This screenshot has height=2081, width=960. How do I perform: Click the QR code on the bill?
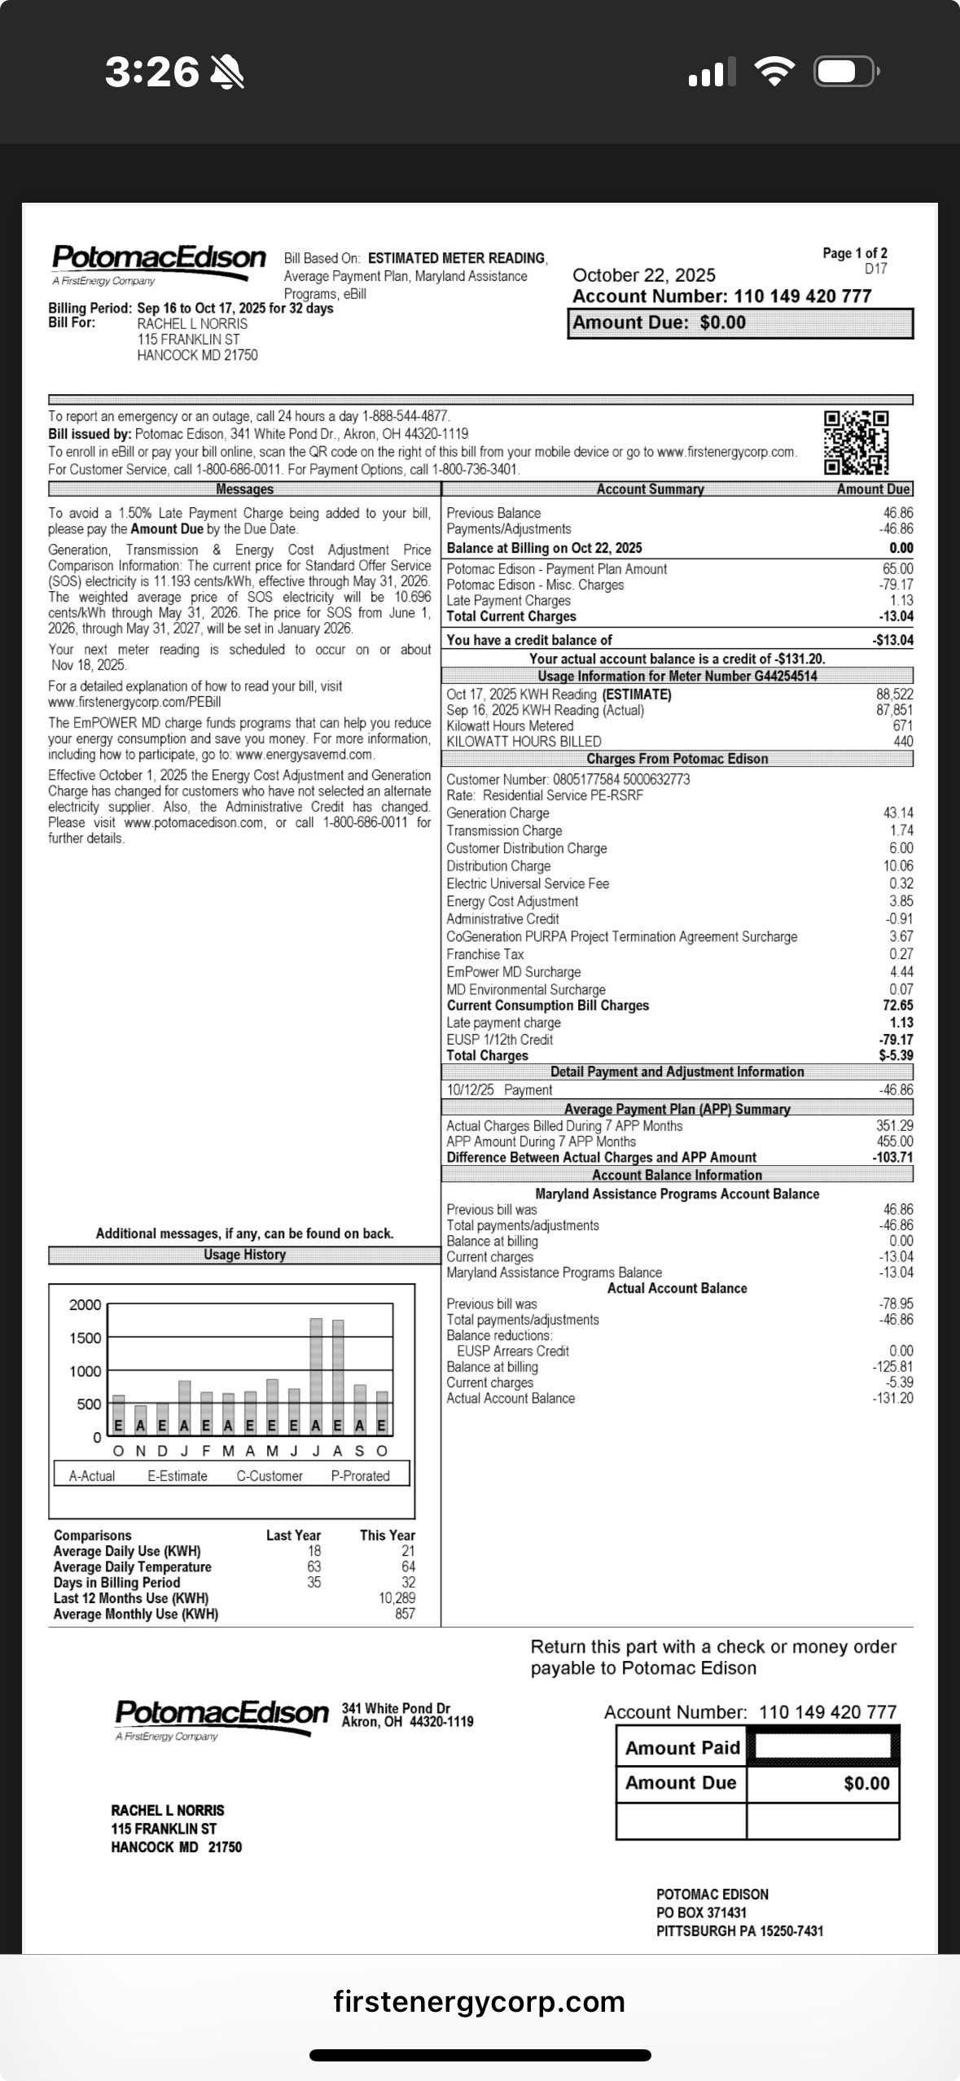(x=856, y=442)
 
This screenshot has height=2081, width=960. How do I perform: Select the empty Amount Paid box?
(x=822, y=1746)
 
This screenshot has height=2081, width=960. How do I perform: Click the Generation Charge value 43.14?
(x=898, y=813)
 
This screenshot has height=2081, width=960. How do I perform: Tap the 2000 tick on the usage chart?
(x=85, y=1304)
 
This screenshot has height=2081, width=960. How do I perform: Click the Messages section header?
(x=244, y=489)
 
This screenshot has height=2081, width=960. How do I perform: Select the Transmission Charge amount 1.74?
(x=901, y=830)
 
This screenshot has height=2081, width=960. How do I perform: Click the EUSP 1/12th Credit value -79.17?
(x=896, y=1040)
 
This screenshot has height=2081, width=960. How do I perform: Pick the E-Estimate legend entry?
(x=178, y=1475)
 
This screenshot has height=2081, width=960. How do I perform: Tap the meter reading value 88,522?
(x=894, y=694)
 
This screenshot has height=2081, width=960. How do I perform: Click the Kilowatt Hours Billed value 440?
(x=903, y=742)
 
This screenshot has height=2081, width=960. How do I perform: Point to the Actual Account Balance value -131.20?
(x=892, y=1398)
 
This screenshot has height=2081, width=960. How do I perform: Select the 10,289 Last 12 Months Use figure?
(x=397, y=1598)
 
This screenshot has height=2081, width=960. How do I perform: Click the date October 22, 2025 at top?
(x=644, y=275)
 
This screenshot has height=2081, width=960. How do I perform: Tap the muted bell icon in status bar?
(x=227, y=72)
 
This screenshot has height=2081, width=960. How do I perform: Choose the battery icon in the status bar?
(x=845, y=72)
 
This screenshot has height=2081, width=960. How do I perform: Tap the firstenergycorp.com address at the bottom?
(x=479, y=2001)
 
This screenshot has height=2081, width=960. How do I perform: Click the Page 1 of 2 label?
(x=854, y=253)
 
